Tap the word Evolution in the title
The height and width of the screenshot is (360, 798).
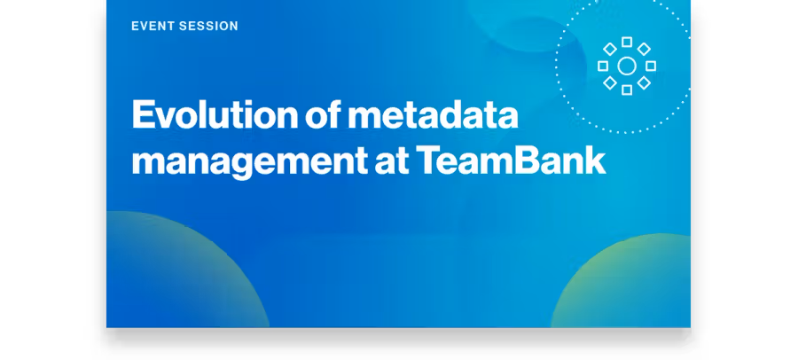pyautogui.click(x=215, y=114)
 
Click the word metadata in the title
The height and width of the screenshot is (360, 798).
pyautogui.click(x=433, y=114)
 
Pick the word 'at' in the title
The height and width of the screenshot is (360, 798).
pyautogui.click(x=392, y=160)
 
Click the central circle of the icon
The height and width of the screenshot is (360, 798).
pyautogui.click(x=627, y=67)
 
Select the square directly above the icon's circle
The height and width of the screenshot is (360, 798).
pyautogui.click(x=627, y=42)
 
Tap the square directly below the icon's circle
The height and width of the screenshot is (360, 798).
pyautogui.click(x=627, y=90)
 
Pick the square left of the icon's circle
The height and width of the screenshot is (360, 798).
pyautogui.click(x=603, y=66)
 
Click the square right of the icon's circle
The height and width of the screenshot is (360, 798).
pyautogui.click(x=651, y=66)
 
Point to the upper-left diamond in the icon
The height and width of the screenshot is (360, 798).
pyautogui.click(x=610, y=49)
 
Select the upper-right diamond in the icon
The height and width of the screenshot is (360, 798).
pyautogui.click(x=644, y=49)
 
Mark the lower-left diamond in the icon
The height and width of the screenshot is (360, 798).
pyautogui.click(x=610, y=83)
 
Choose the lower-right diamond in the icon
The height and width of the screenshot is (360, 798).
pyautogui.click(x=644, y=83)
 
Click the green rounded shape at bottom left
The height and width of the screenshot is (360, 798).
pyautogui.click(x=173, y=270)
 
